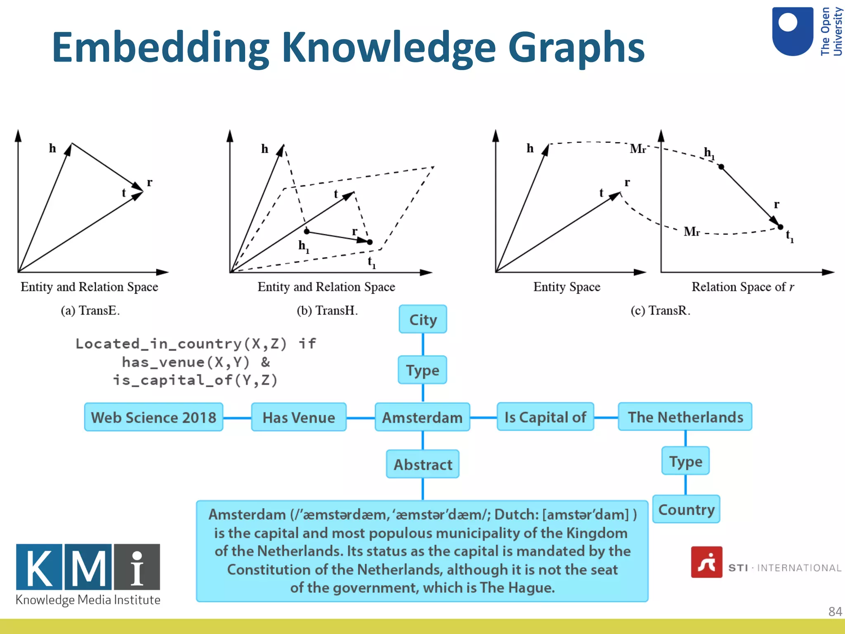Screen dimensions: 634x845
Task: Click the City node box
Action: [422, 319]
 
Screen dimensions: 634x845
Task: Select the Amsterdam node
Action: [422, 417]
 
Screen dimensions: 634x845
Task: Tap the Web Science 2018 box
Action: [153, 417]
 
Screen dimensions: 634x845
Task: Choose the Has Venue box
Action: [299, 417]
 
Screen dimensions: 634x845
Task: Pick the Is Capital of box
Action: [545, 417]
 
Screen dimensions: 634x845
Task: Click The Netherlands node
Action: [685, 417]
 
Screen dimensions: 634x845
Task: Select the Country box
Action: [686, 509]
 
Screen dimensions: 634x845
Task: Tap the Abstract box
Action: [422, 464]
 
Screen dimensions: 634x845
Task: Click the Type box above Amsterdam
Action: [422, 370]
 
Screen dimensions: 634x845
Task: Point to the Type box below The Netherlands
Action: [685, 461]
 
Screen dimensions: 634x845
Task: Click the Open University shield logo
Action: [792, 31]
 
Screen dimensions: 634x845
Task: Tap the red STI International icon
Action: [706, 562]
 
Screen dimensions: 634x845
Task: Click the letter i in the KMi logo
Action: [137, 567]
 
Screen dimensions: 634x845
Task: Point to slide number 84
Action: [835, 611]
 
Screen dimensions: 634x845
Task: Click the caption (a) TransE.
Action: [90, 310]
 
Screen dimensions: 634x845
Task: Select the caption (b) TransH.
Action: [327, 310]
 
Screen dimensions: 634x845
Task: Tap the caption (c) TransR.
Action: [660, 310]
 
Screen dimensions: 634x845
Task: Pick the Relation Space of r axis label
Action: [742, 287]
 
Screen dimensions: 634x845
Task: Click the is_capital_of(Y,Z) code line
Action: [195, 380]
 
